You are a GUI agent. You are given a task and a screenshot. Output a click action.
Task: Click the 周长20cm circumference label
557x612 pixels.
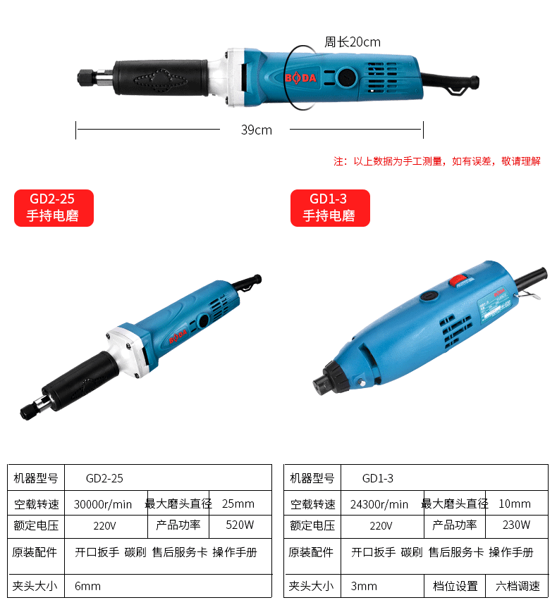pyautogui.click(x=353, y=42)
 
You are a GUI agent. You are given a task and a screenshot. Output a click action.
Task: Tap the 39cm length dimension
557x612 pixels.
pyautogui.click(x=257, y=130)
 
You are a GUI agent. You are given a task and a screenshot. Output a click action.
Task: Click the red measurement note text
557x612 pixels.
pyautogui.click(x=437, y=161)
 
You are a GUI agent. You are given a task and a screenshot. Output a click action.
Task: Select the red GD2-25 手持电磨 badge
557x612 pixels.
pyautogui.click(x=54, y=208)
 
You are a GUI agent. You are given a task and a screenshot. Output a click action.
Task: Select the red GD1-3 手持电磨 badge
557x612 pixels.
pyautogui.click(x=330, y=208)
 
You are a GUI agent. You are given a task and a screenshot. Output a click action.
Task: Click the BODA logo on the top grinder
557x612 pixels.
pyautogui.click(x=300, y=78)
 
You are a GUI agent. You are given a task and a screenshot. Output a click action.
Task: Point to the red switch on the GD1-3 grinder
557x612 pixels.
pyautogui.click(x=458, y=280)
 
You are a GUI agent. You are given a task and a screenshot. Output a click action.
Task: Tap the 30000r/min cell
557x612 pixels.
pyautogui.click(x=103, y=504)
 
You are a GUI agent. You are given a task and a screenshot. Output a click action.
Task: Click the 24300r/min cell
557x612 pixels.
pyautogui.click(x=379, y=504)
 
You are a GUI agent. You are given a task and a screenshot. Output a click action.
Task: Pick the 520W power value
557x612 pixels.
pyautogui.click(x=240, y=525)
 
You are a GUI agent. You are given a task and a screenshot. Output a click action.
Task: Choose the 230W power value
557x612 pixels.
pyautogui.click(x=516, y=525)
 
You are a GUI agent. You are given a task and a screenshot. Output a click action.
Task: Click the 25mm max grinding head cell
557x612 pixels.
pyautogui.click(x=238, y=504)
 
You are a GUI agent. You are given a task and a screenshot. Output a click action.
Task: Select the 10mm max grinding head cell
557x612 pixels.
pyautogui.click(x=515, y=504)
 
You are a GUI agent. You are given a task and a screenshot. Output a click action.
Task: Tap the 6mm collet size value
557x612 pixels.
pyautogui.click(x=87, y=586)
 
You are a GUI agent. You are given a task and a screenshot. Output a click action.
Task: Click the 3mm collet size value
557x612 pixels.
pyautogui.click(x=364, y=586)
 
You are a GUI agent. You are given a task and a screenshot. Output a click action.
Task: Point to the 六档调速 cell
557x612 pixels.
pyautogui.click(x=518, y=586)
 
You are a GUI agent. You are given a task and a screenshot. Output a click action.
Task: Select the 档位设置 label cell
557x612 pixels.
pyautogui.click(x=455, y=586)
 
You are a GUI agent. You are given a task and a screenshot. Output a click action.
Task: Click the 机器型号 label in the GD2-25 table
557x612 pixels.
pyautogui.click(x=36, y=478)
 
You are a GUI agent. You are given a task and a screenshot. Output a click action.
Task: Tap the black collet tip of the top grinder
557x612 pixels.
pyautogui.click(x=85, y=77)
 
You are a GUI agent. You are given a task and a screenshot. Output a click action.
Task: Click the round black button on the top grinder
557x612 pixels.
pyautogui.click(x=346, y=77)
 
